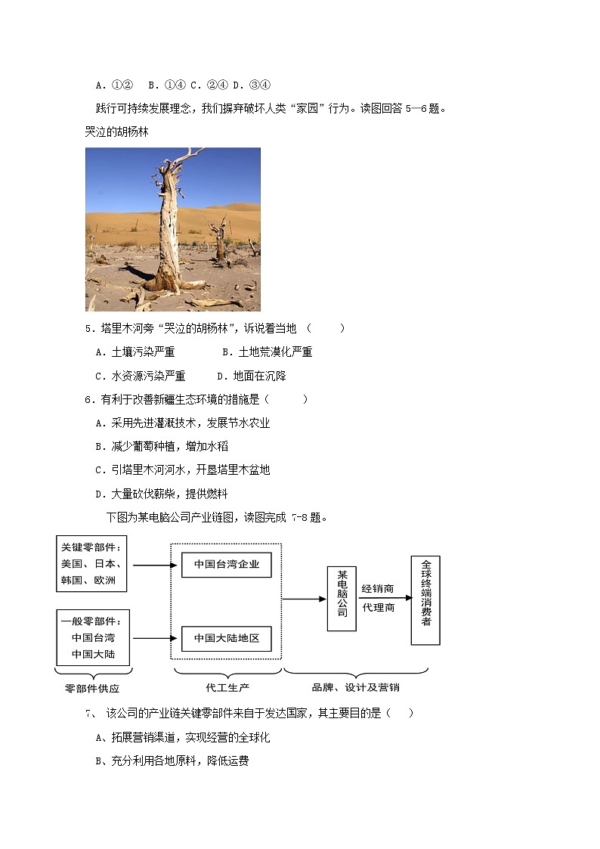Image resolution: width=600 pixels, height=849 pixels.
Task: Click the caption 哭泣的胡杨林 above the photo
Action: tap(117, 132)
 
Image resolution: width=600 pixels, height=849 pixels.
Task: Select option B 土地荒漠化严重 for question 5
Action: tap(267, 352)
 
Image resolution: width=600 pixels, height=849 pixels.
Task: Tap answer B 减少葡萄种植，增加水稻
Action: tap(162, 447)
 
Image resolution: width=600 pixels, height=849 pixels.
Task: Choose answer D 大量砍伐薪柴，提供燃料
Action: tap(162, 494)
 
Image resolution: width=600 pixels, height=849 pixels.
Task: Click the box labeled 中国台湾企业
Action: tap(226, 565)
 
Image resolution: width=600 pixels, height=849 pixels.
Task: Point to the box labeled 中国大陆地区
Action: tap(226, 639)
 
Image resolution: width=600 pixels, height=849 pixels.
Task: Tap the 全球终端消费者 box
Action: tap(425, 600)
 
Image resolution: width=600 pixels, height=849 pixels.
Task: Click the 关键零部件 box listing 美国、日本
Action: tap(91, 564)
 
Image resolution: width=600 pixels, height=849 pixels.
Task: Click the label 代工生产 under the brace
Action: tap(227, 687)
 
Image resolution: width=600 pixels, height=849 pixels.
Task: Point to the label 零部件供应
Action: tap(93, 689)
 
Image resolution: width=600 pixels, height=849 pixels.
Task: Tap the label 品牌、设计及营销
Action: tap(355, 687)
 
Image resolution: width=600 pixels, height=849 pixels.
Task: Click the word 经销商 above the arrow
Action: tap(378, 589)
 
